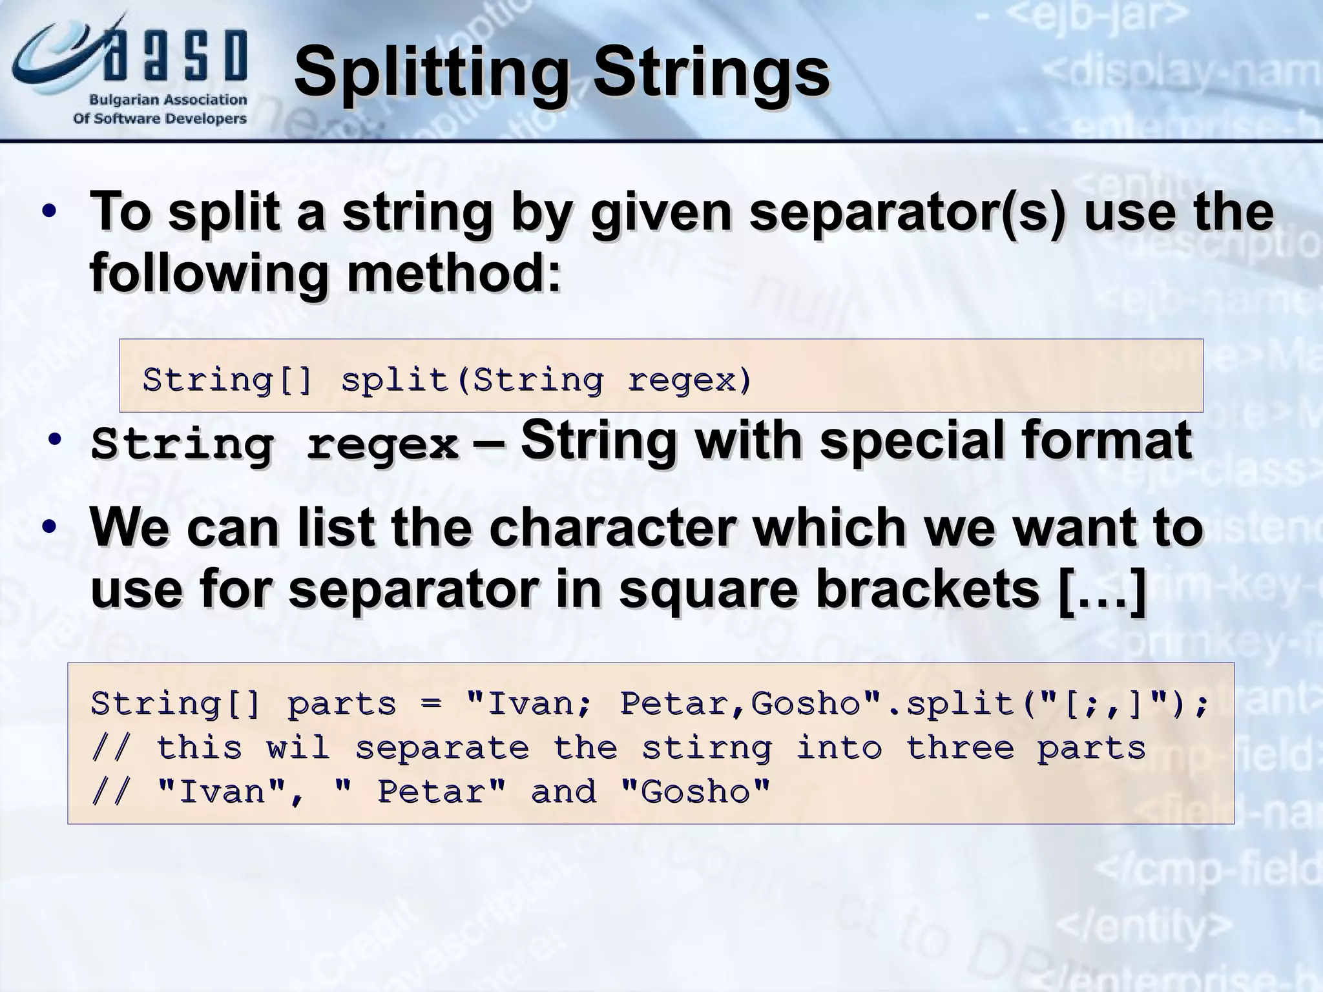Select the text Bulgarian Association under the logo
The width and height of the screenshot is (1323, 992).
[x=168, y=100]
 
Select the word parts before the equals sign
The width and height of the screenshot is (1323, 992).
[x=341, y=703]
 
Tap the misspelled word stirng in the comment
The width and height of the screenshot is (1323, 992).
[x=707, y=748]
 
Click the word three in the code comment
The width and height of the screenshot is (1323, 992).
[x=960, y=748]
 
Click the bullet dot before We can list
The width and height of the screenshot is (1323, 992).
[x=48, y=528]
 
